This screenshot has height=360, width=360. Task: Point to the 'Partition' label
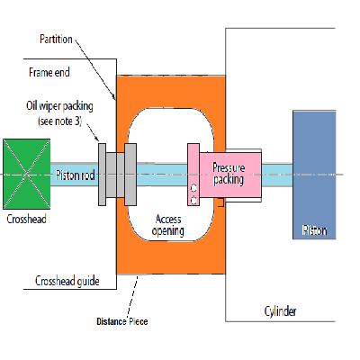pyautogui.click(x=58, y=40)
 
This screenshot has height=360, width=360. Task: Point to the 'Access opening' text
pyautogui.click(x=169, y=224)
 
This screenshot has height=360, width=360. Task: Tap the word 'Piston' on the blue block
pyautogui.click(x=314, y=231)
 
